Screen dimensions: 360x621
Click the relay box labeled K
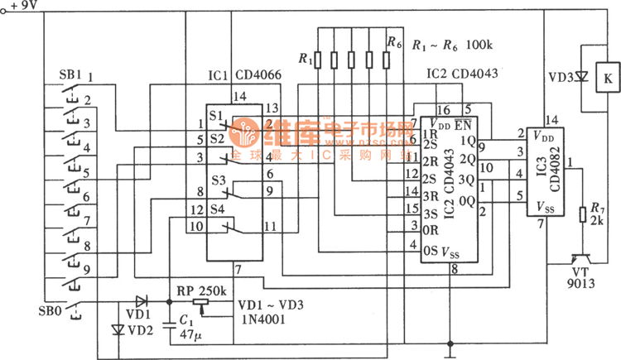click(609, 79)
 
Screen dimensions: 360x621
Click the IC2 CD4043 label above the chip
click(463, 74)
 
